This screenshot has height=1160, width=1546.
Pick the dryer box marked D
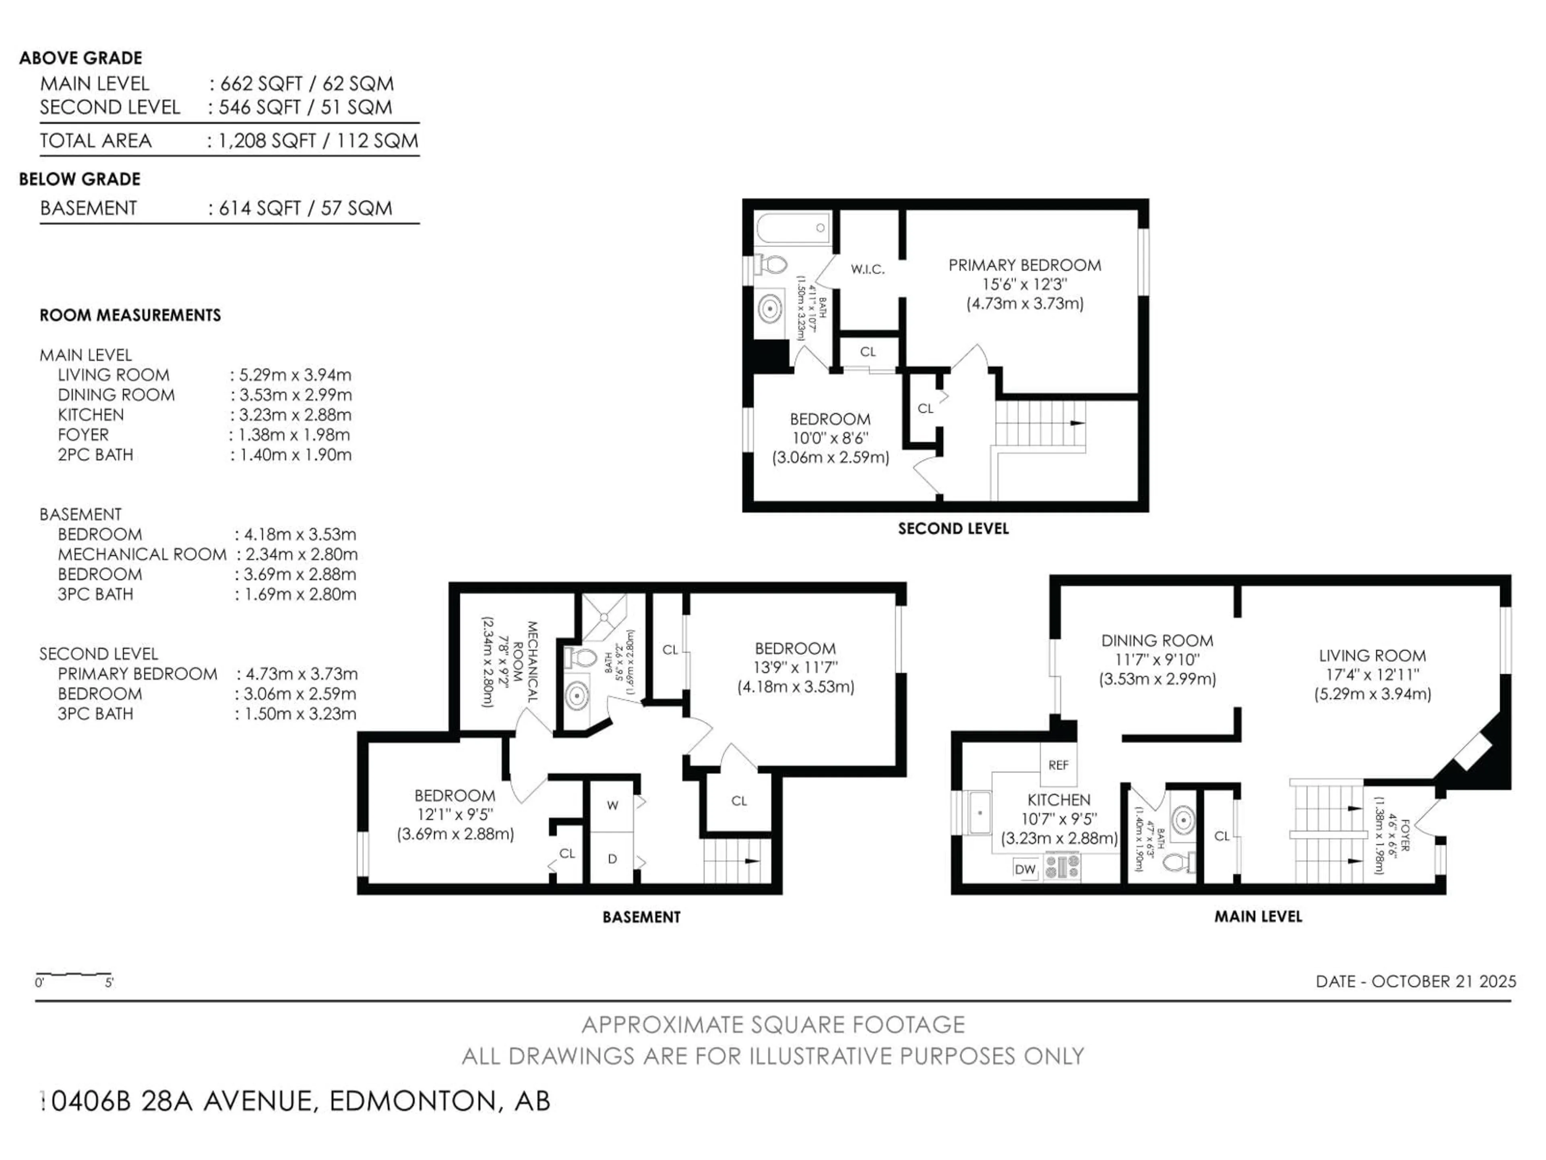(612, 859)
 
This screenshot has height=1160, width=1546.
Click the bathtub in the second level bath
(794, 228)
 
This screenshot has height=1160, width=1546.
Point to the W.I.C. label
(867, 269)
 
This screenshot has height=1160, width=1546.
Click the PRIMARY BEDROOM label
(1025, 265)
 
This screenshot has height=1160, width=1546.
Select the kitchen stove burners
(1062, 868)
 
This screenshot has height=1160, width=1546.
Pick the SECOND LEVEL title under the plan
(953, 528)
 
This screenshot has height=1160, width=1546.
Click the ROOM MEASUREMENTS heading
(130, 315)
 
